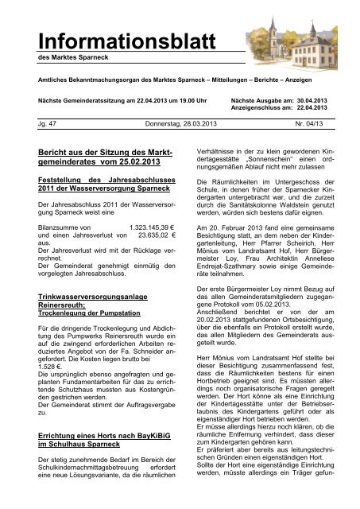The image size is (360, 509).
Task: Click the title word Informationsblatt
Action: [97, 40]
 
